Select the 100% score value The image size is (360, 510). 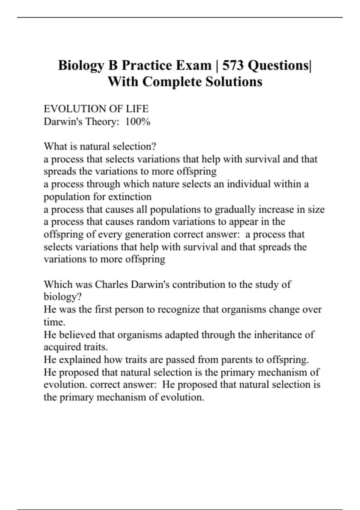click(138, 121)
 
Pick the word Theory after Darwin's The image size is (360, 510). click(101, 121)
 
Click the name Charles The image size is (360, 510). click(111, 284)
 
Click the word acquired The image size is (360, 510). click(61, 347)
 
